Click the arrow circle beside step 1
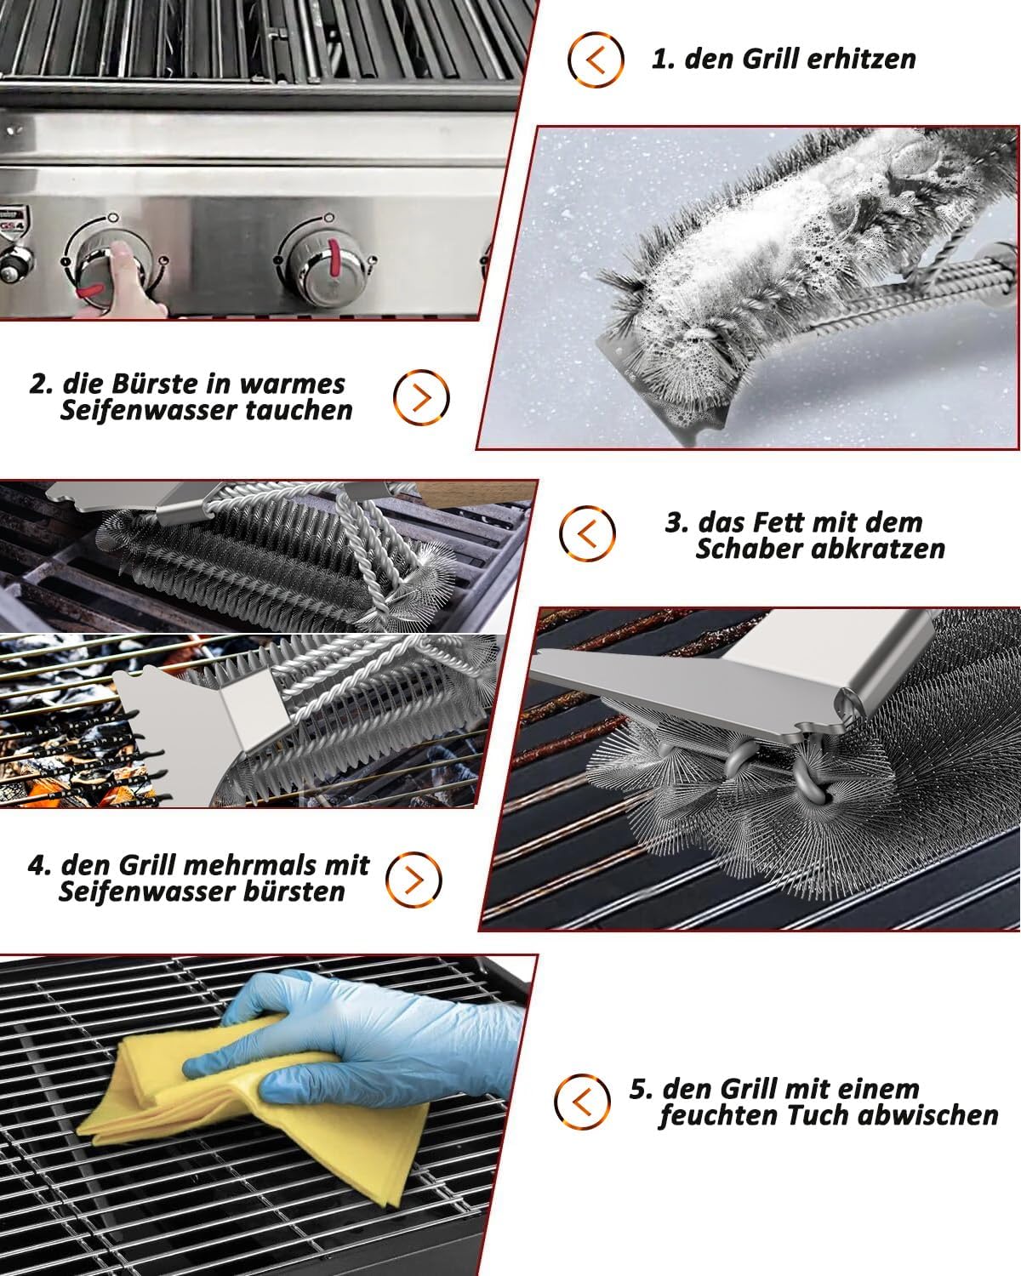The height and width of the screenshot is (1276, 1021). pos(596,60)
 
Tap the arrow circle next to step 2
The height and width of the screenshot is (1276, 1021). pos(421,397)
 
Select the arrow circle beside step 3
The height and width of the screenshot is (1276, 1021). pos(587,533)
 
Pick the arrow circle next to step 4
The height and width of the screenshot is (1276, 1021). pos(414,880)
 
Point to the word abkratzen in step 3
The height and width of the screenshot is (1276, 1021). pos(877,549)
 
